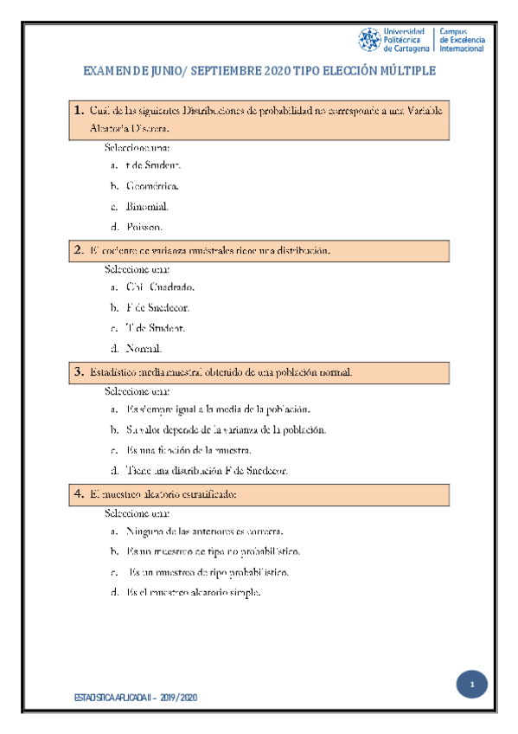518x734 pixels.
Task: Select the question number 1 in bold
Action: (79, 110)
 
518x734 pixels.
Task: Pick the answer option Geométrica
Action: (152, 186)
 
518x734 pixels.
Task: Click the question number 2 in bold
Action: (79, 250)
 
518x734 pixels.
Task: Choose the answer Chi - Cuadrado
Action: (160, 287)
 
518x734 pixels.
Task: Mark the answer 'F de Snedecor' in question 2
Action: (157, 307)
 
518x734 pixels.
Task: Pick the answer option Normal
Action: (144, 349)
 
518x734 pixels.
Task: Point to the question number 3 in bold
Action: (79, 372)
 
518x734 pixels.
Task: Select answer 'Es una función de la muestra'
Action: (189, 450)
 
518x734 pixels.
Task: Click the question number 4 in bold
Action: (79, 494)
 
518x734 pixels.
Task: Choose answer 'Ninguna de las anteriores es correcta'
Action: (204, 531)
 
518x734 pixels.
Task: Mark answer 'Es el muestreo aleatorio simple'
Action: (194, 593)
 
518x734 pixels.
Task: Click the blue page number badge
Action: (473, 686)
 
